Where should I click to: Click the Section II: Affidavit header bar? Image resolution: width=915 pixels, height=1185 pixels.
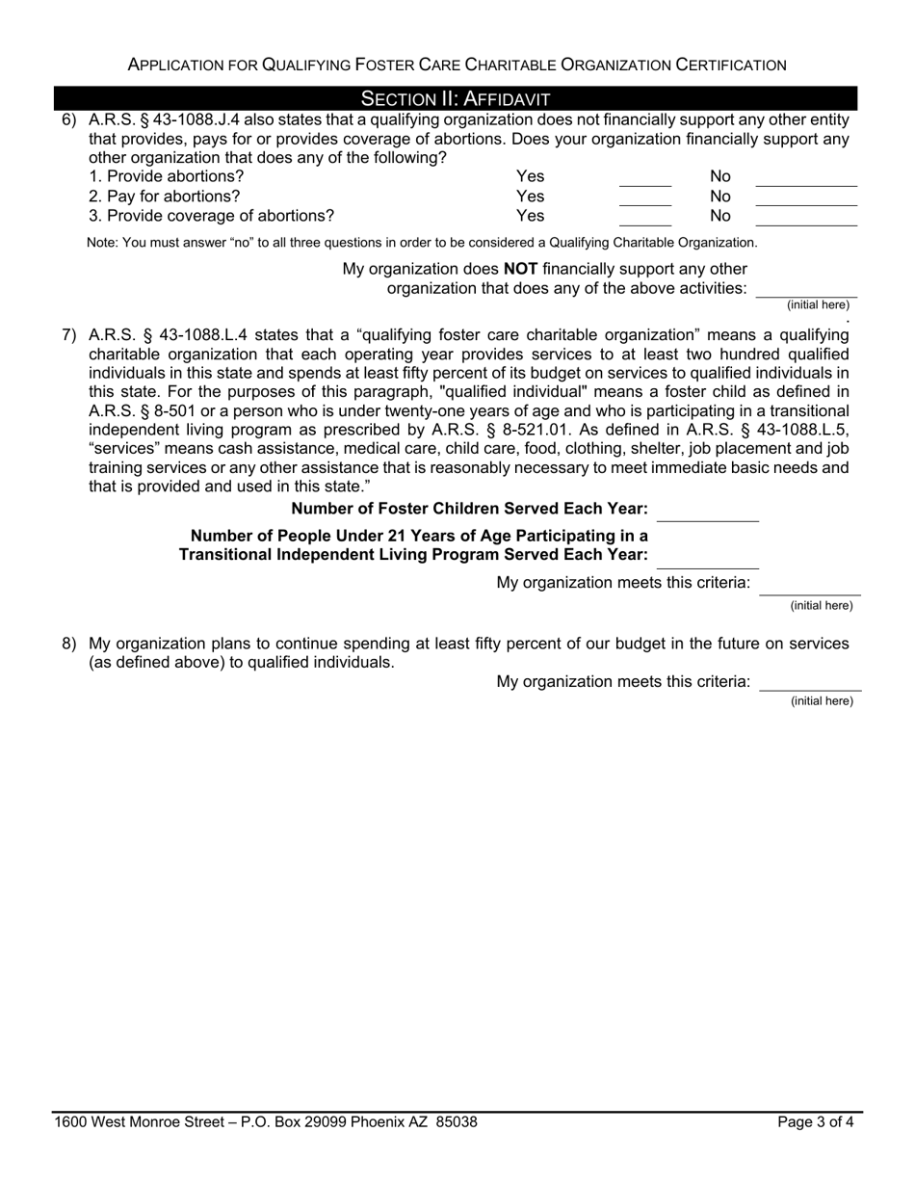(x=456, y=98)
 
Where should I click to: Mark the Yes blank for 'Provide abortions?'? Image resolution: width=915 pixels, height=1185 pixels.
(x=644, y=179)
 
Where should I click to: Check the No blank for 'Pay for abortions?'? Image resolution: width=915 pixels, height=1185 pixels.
(x=805, y=199)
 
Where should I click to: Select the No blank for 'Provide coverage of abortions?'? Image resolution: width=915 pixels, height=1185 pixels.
(x=805, y=220)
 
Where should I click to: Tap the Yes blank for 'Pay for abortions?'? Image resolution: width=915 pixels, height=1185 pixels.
(x=644, y=199)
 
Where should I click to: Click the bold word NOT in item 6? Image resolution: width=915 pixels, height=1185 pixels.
(x=520, y=269)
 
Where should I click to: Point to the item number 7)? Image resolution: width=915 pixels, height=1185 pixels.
(x=69, y=335)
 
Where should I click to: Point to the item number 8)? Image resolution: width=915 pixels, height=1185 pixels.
(x=69, y=643)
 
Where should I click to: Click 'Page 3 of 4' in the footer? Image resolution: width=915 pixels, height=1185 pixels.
(x=816, y=1121)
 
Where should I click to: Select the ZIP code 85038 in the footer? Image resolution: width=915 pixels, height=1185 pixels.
(x=457, y=1121)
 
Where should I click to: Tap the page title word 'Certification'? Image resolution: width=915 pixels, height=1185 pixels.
(x=731, y=65)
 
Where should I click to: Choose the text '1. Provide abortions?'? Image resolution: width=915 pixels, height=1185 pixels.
(x=167, y=176)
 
